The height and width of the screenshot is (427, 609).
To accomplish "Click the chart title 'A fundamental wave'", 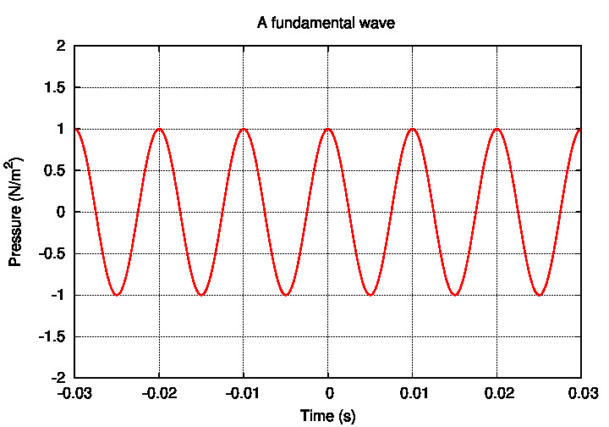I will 326,24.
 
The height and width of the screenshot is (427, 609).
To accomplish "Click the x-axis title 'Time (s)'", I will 328,416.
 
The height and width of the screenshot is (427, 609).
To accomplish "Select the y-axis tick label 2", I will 61,46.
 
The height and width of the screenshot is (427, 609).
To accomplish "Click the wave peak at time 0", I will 328,129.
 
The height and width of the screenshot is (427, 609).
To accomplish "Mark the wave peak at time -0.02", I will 159,129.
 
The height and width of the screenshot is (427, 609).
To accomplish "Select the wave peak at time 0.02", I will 497,129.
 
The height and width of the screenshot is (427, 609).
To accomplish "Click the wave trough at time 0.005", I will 370,295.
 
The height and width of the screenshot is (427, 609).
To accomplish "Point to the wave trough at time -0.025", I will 117,295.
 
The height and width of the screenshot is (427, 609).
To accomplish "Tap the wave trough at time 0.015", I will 455,295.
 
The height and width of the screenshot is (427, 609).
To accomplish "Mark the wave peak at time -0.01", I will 244,129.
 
